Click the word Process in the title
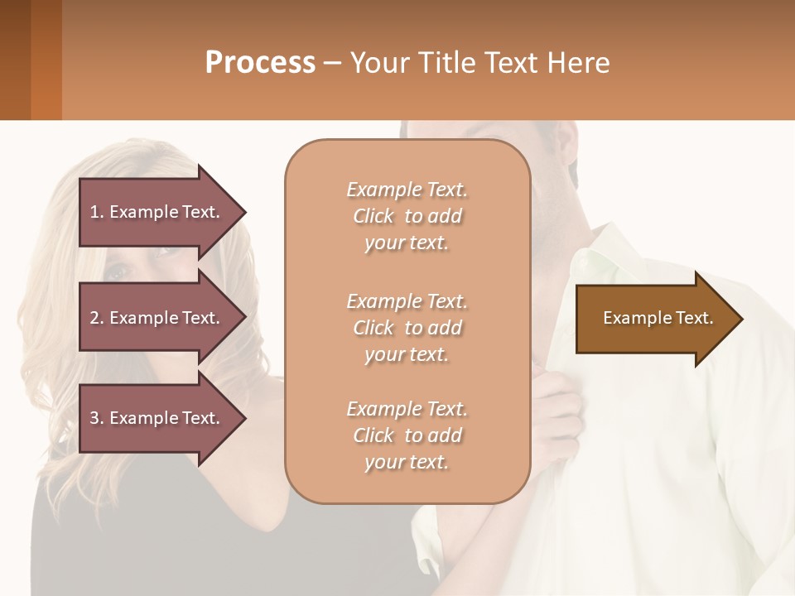260,63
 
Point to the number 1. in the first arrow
97,212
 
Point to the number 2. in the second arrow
97,318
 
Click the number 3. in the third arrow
97,418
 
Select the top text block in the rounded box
407,216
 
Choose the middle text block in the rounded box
407,328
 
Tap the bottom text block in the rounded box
407,435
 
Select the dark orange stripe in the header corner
46,60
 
